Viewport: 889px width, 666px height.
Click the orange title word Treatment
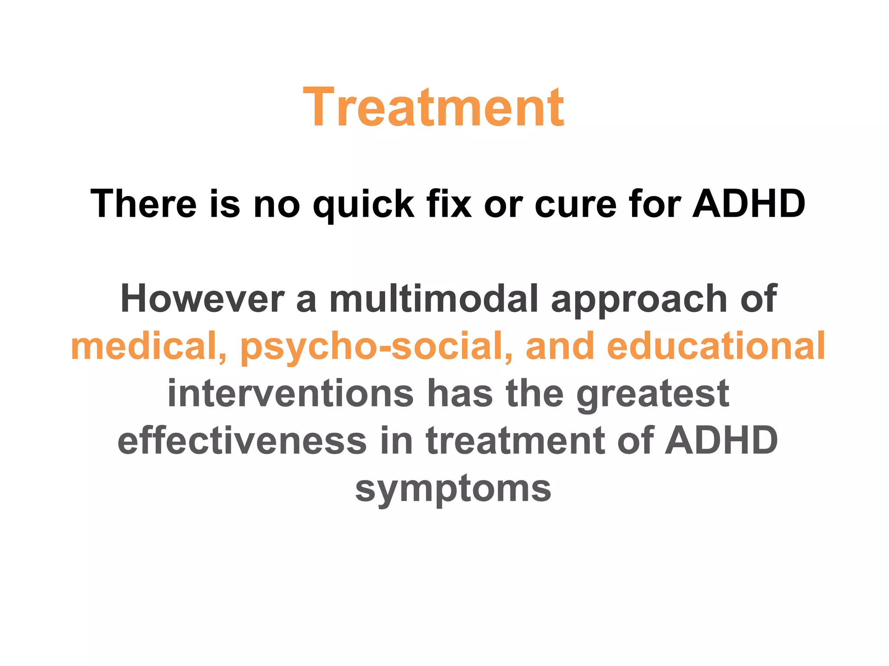click(x=434, y=108)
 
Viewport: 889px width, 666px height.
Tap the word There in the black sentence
click(x=144, y=203)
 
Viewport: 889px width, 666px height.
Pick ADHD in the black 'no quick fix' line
click(x=749, y=203)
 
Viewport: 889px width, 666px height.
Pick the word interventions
click(x=290, y=393)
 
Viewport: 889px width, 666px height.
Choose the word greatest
click(x=652, y=394)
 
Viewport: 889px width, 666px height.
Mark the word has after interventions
click(x=460, y=393)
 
